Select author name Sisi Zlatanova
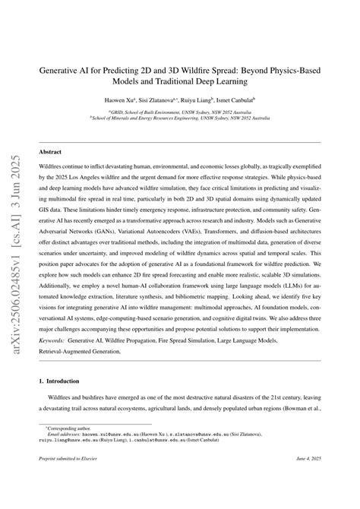point(178,100)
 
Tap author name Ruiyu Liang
point(224,100)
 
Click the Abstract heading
point(51,131)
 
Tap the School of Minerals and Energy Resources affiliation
point(180,118)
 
